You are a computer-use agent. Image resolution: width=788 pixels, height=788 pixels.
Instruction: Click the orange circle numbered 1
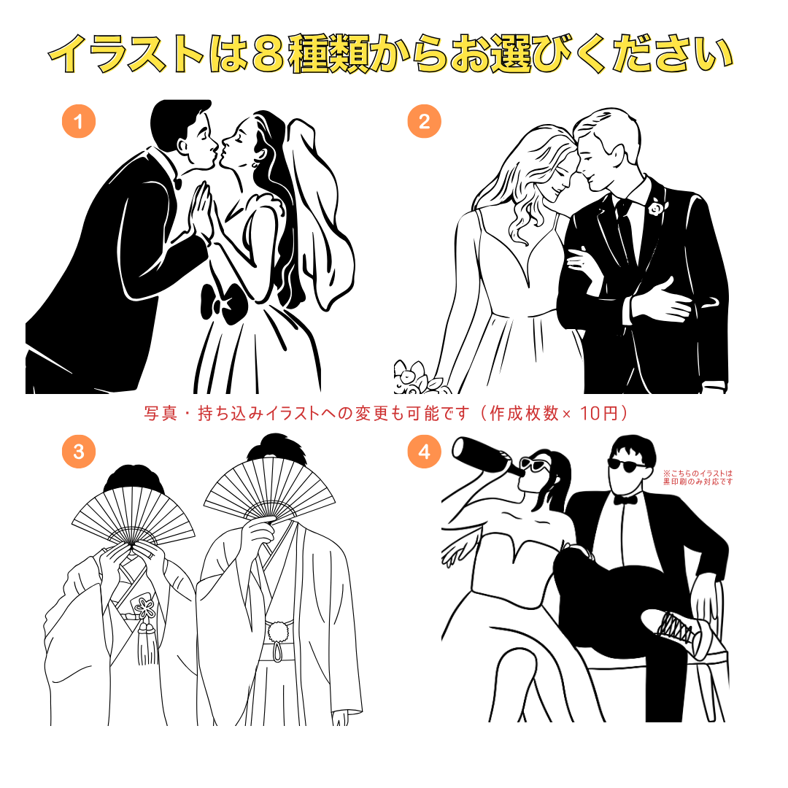point(78,121)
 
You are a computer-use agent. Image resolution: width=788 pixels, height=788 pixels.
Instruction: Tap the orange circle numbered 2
point(424,121)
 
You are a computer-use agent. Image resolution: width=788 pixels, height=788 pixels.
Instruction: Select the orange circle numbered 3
point(78,452)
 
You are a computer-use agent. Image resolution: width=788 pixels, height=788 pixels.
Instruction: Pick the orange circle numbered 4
point(424,452)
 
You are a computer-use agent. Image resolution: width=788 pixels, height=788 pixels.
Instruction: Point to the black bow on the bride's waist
point(225,303)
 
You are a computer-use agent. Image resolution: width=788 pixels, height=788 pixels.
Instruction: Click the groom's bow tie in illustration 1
point(177,182)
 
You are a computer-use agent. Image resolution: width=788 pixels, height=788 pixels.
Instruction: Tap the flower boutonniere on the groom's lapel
point(655,206)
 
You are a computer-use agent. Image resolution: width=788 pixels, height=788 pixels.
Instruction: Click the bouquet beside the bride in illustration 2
point(418,378)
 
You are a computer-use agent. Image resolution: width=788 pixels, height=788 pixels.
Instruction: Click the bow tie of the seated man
point(625,500)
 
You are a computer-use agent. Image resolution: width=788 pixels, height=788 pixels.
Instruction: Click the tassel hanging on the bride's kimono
point(147,644)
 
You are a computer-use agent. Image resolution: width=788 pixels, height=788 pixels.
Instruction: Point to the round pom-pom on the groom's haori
point(279,632)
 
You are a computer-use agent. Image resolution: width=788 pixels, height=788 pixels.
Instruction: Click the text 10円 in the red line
point(599,413)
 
